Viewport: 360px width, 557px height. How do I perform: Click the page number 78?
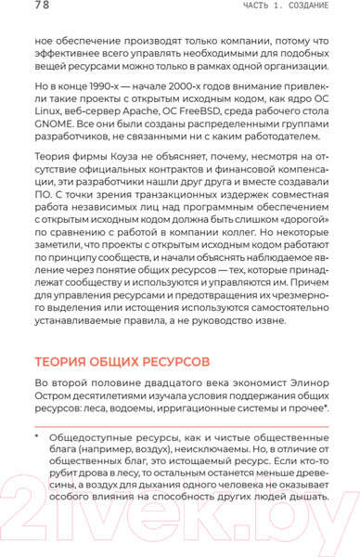tap(17, 7)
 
